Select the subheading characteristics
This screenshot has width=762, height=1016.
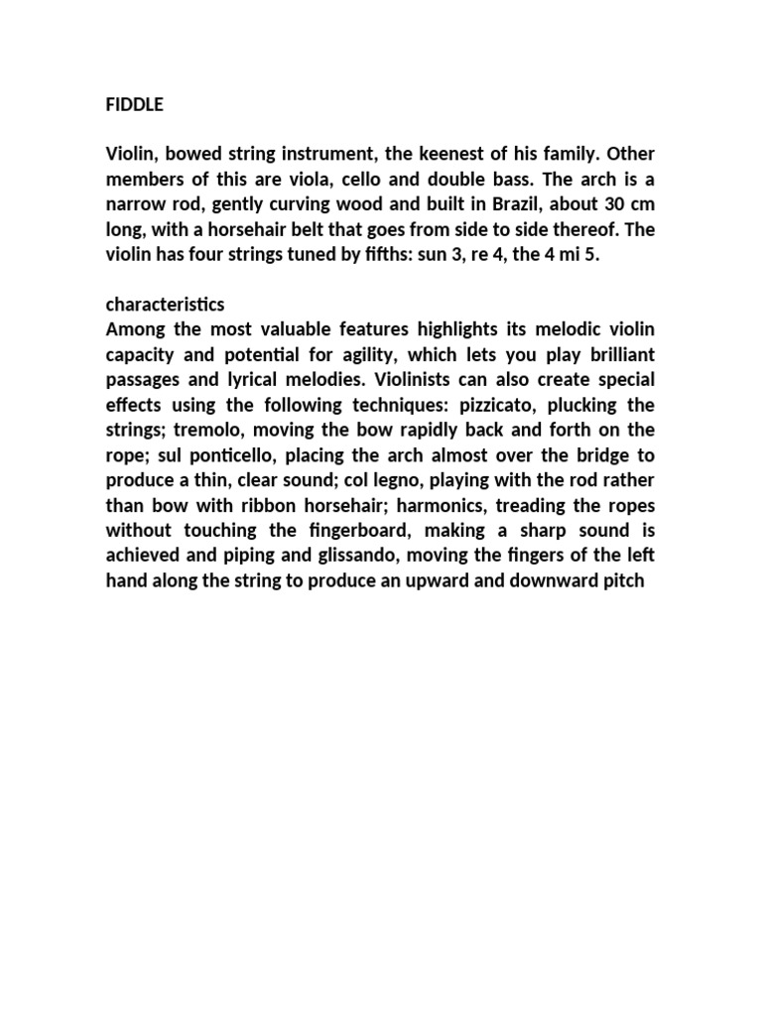tap(167, 304)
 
